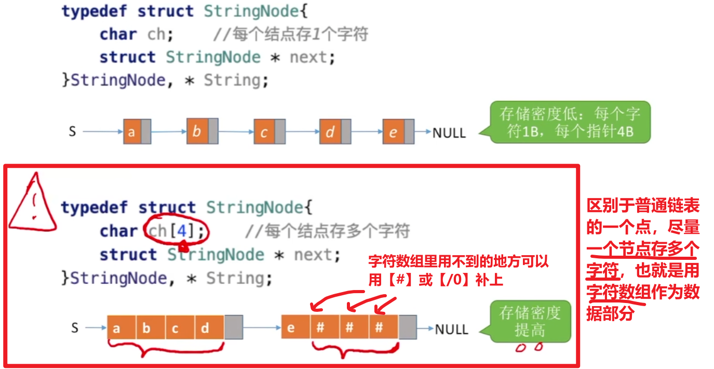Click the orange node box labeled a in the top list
click(x=131, y=132)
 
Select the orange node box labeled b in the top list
click(x=197, y=131)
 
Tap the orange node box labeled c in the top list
click(x=264, y=132)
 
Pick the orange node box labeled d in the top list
click(x=330, y=132)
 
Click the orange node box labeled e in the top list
click(x=393, y=132)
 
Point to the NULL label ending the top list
click(x=449, y=133)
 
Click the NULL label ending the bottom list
click(x=451, y=329)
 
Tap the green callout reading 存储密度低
click(x=569, y=122)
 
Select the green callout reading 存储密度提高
click(x=530, y=321)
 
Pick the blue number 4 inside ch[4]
click(x=182, y=230)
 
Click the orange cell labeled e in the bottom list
click(x=291, y=328)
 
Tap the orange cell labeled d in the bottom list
click(x=205, y=328)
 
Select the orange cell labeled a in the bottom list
click(x=116, y=328)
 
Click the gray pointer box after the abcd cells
click(x=234, y=328)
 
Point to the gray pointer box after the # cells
click(x=408, y=328)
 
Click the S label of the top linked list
click(x=73, y=131)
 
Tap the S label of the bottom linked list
click(x=75, y=327)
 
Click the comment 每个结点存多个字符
click(x=327, y=230)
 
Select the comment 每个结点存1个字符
click(x=291, y=34)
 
